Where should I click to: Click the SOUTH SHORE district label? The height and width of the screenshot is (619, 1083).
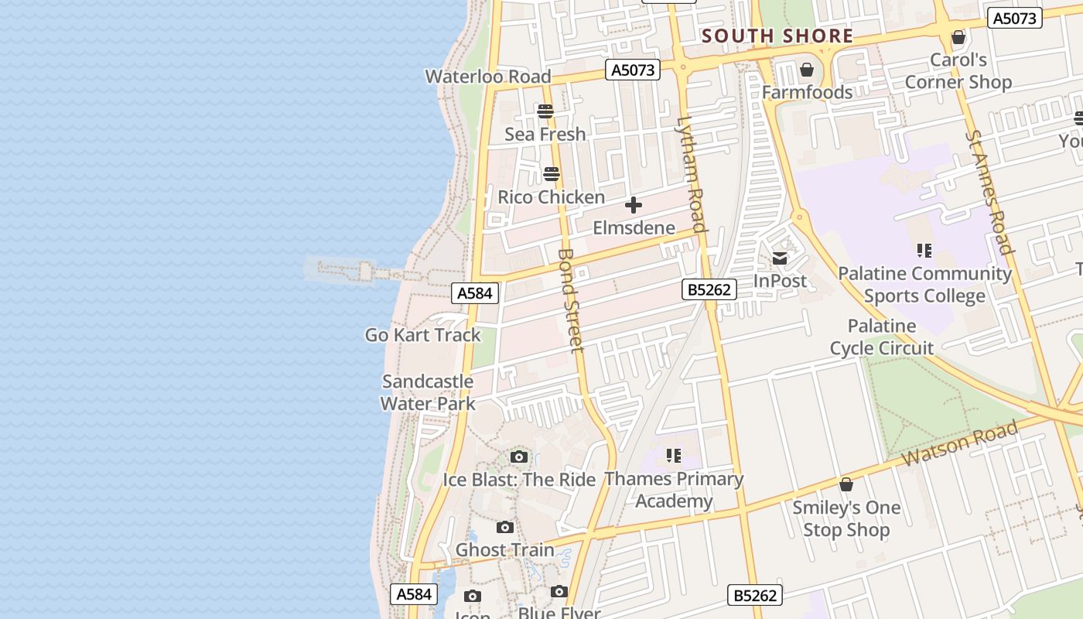coord(777,36)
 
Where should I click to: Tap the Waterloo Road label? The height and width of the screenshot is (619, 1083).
coord(488,77)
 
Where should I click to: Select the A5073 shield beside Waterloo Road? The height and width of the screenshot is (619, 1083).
coord(633,70)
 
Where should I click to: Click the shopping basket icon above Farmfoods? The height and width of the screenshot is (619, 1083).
coord(807,70)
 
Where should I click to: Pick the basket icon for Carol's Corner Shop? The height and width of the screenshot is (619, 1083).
coord(958,37)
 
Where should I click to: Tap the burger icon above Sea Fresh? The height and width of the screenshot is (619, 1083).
coord(545,111)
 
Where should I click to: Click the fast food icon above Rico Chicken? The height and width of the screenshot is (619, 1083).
coord(552,173)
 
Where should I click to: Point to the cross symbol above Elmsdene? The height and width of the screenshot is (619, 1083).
coord(634,205)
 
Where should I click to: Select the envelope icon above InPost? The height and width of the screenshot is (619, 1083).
coord(780,258)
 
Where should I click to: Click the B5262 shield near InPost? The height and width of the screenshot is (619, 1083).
coord(709,289)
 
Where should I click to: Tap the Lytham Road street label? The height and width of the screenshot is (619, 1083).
coord(692,173)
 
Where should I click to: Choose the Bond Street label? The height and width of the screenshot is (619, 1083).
coord(571,300)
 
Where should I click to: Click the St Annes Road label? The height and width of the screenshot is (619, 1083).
coord(989,192)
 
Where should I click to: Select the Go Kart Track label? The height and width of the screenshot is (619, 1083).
coord(423,335)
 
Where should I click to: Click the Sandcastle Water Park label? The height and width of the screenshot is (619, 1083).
coord(428,392)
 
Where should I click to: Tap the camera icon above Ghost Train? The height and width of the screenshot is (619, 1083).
coord(505,528)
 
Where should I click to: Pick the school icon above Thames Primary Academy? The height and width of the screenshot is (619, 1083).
coord(674,456)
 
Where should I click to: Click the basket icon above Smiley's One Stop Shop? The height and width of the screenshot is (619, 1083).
coord(846,485)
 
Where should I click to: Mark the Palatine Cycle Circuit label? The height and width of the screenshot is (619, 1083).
coord(882,337)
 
